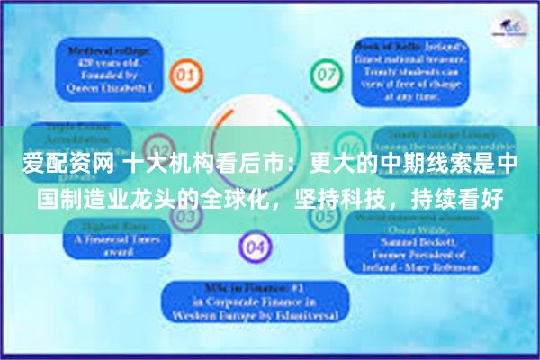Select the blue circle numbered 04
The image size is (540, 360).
pyautogui.click(x=256, y=244)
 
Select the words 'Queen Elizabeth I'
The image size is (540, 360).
pyautogui.click(x=106, y=88)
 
